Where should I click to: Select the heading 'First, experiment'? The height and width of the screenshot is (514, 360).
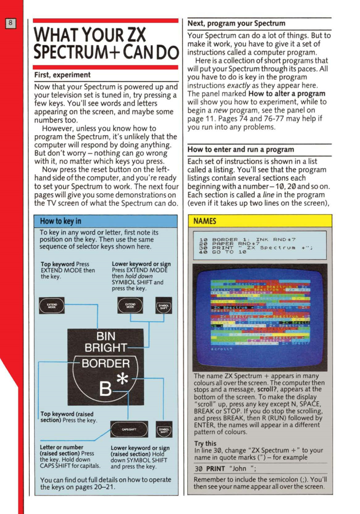pyautogui.click(x=62, y=75)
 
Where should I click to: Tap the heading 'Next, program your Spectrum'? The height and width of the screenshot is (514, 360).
pyautogui.click(x=236, y=23)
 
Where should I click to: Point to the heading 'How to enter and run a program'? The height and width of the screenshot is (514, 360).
pyautogui.click(x=241, y=150)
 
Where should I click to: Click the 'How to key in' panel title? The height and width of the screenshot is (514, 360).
pyautogui.click(x=61, y=221)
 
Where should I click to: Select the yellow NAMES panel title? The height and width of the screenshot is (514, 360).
pyautogui.click(x=205, y=221)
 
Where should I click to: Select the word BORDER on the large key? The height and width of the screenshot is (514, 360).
pyautogui.click(x=106, y=363)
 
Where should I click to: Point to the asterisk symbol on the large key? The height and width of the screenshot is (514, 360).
pyautogui.click(x=122, y=381)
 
